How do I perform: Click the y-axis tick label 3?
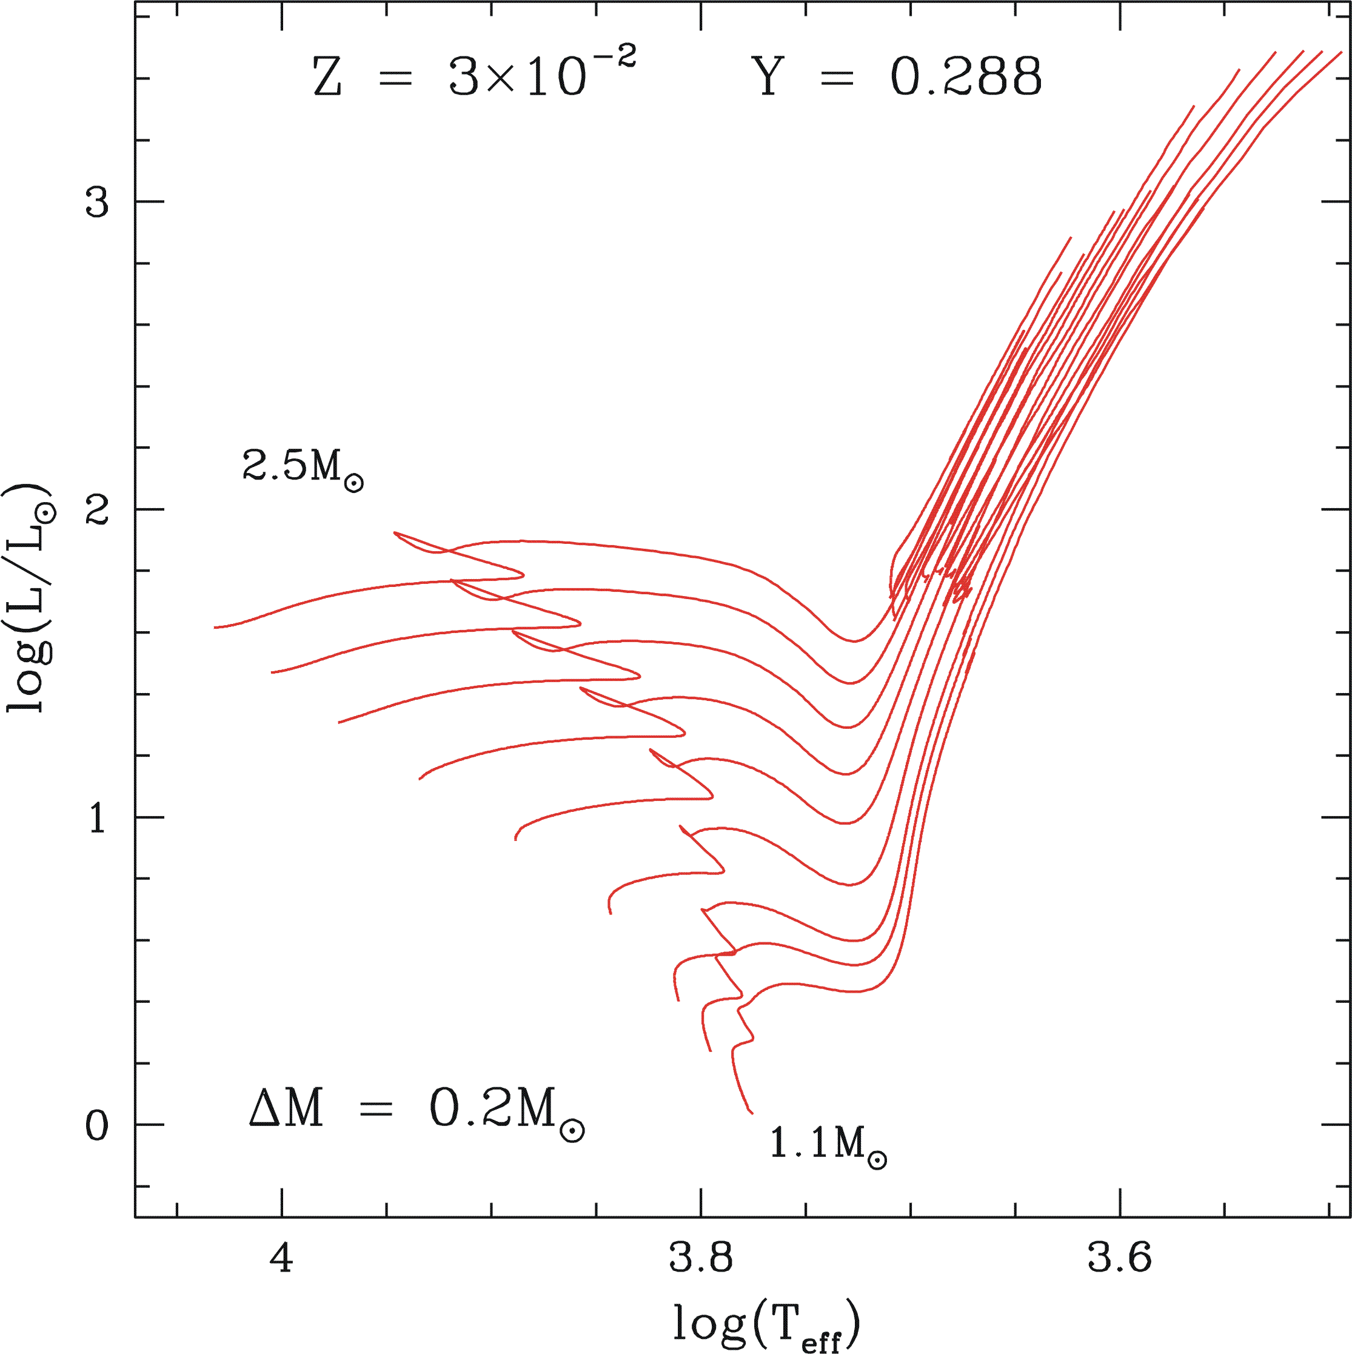98,202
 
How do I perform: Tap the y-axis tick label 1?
98,818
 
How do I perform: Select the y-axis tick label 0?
98,1126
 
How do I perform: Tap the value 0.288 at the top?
966,76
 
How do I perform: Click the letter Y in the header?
768,76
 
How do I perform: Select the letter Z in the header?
327,77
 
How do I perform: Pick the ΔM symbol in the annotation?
286,1108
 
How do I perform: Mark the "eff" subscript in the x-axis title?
821,1340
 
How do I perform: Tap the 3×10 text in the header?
517,77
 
